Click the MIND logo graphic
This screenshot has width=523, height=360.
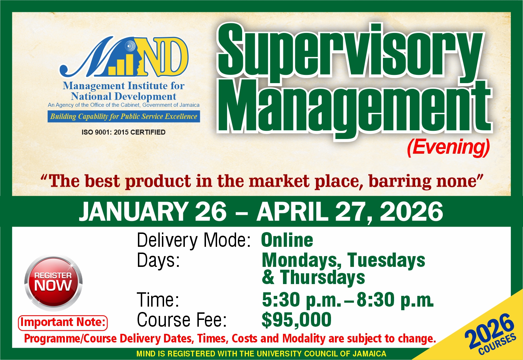point(123,57)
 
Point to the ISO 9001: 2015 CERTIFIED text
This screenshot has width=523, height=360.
point(124,132)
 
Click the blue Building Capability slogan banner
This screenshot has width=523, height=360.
point(124,116)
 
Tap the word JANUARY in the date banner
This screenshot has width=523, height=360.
point(134,212)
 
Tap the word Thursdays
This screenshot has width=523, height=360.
point(322,277)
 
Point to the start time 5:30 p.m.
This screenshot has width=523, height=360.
point(300,300)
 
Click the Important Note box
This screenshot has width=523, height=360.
point(63,323)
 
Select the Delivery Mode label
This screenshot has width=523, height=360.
point(193,240)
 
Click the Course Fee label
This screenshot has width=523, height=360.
point(182,320)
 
